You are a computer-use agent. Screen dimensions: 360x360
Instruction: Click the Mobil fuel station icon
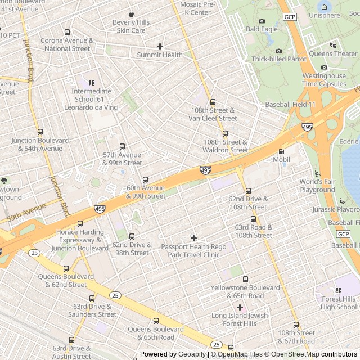282,151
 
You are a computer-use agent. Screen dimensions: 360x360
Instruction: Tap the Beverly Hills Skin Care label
131,26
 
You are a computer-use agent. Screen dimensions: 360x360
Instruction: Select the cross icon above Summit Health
160,46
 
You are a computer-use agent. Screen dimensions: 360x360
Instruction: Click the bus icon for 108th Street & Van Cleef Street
213,102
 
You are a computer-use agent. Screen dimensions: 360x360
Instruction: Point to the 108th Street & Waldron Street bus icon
226,134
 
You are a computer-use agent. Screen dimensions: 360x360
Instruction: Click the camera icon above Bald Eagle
261,20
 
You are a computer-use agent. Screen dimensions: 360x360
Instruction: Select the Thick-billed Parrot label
279,59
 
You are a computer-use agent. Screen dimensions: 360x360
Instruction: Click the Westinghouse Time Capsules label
324,79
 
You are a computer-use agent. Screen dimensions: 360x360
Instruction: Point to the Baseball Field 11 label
291,105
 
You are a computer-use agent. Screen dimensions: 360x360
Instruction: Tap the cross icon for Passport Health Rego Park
194,238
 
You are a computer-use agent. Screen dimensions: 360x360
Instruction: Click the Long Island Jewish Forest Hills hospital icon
240,307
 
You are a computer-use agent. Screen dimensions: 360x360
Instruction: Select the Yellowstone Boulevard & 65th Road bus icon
245,279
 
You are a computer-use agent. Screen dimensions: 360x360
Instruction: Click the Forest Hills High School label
339,303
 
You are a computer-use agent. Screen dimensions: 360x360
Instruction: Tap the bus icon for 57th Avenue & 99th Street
122,146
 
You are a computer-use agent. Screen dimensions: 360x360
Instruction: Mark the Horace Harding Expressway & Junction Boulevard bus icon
80,224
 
